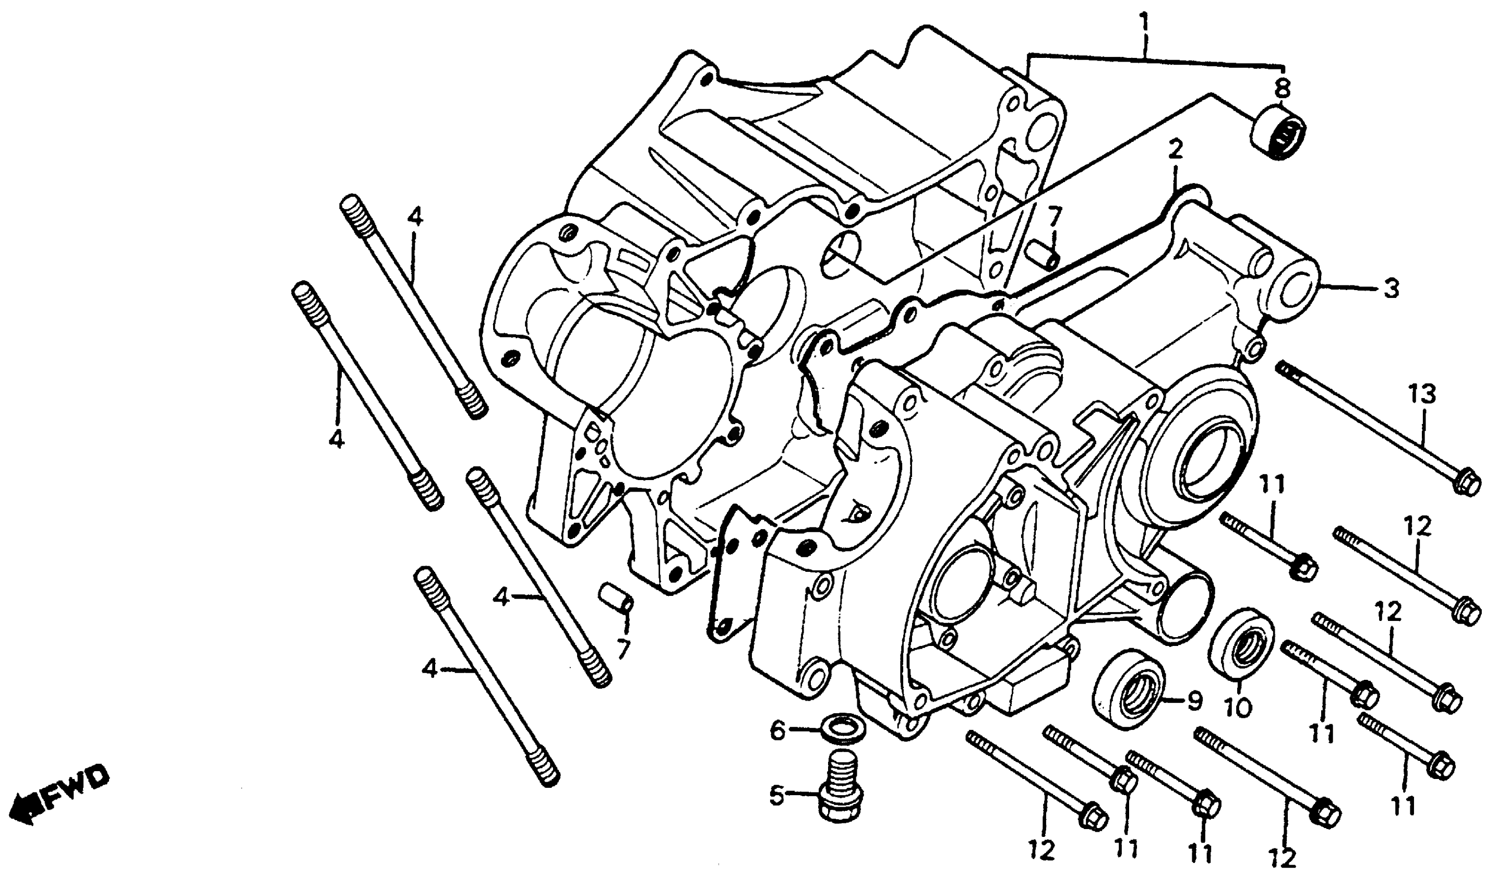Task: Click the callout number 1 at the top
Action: point(1144,24)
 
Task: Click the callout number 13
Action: point(1423,395)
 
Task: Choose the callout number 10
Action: point(1238,709)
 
